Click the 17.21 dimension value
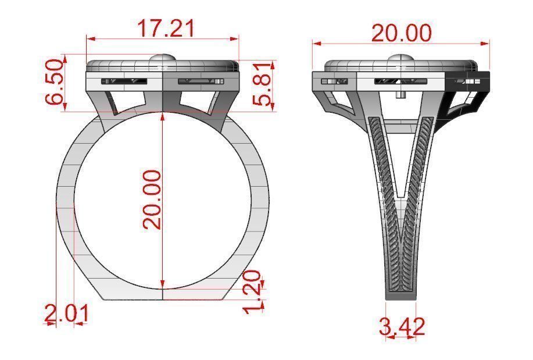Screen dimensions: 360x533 click(x=165, y=28)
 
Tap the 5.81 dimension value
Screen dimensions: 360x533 click(x=264, y=83)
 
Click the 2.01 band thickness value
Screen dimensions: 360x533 click(x=67, y=314)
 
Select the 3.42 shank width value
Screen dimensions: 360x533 click(x=402, y=326)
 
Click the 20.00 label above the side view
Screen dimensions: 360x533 click(x=401, y=33)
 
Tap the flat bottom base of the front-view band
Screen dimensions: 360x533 click(x=163, y=294)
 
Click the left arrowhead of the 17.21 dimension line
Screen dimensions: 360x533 click(x=89, y=39)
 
